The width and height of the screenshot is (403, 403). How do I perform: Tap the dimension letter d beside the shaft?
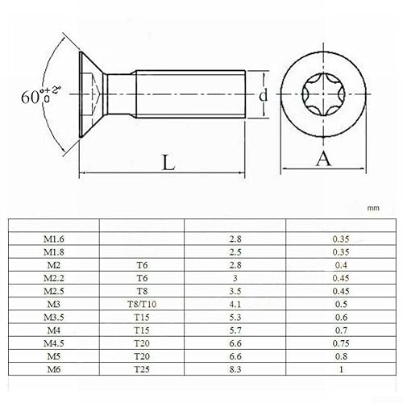coord(263,95)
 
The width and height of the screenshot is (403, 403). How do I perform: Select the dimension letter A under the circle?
coord(324,159)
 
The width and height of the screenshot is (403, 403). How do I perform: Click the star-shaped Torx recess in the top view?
coord(323,95)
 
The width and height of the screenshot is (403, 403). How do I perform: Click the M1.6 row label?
coord(56,239)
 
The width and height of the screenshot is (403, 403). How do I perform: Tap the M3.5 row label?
coord(56,317)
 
